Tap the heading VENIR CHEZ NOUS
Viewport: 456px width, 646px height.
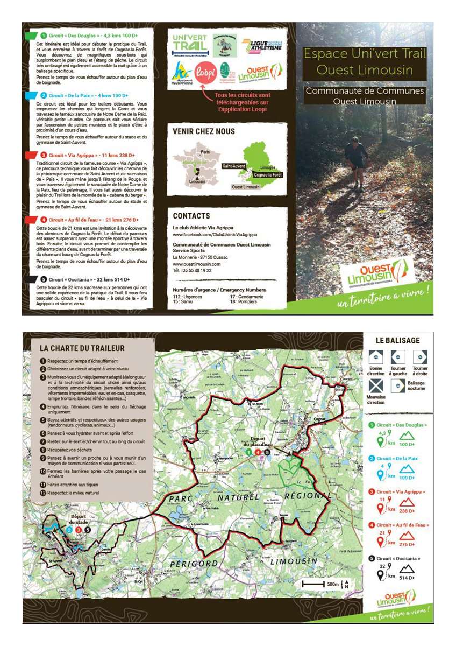coord(204,131)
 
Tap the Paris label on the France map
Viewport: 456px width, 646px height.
coord(205,152)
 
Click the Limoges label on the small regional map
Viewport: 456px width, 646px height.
coord(268,167)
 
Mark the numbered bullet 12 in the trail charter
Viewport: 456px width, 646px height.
coord(43,493)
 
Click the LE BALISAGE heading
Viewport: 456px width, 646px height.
coord(398,340)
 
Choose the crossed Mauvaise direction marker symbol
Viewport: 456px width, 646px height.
coord(376,386)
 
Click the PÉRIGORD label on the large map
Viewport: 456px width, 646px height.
coord(194,564)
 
